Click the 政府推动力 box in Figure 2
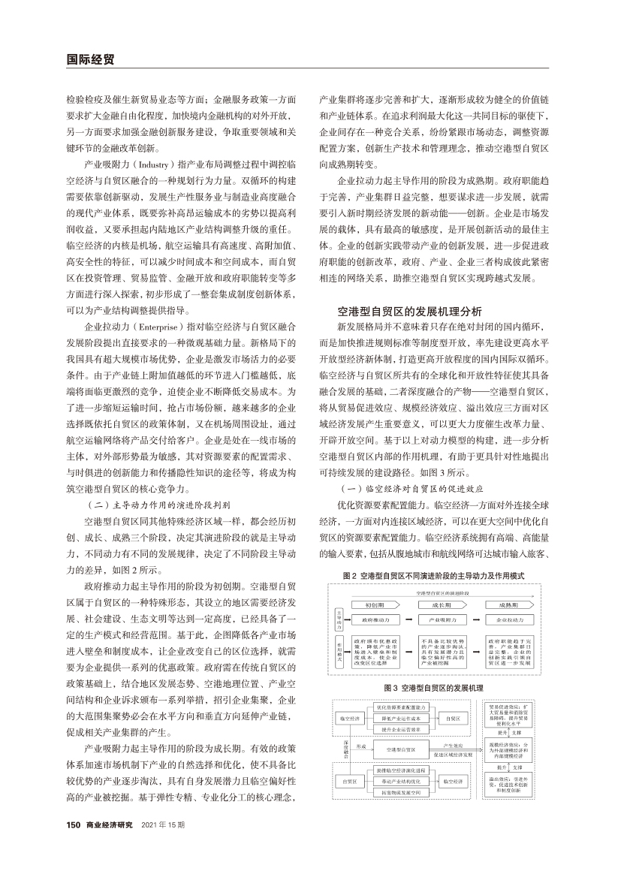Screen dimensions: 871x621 pyautogui.click(x=375, y=621)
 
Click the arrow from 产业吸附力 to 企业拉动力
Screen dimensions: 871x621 pyautogui.click(x=478, y=621)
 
